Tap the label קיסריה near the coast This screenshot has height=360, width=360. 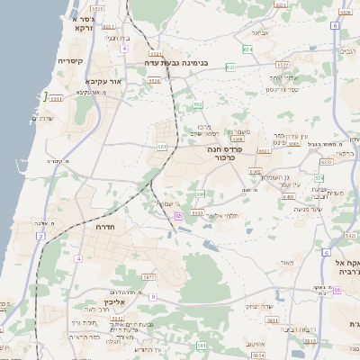point(70,61)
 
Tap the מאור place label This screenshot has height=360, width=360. point(286,263)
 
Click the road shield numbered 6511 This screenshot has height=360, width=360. point(57,98)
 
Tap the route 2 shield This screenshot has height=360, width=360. point(40,236)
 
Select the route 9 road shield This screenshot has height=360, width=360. point(153,296)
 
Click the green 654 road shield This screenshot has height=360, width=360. point(247,49)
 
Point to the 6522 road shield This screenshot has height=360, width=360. point(283,65)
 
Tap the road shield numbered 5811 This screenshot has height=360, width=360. point(202,345)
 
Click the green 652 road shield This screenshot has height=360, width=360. point(198,105)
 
